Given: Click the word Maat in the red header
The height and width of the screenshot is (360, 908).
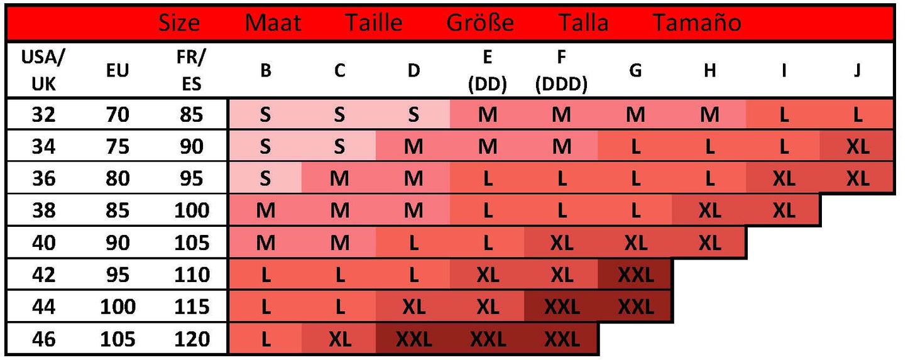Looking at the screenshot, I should pyautogui.click(x=273, y=23).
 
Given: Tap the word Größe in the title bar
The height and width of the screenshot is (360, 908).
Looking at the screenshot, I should pyautogui.click(x=480, y=23).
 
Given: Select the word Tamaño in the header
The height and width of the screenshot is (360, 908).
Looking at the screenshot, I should pyautogui.click(x=697, y=23).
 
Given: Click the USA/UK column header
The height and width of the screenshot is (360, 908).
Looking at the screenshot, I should pyautogui.click(x=43, y=70).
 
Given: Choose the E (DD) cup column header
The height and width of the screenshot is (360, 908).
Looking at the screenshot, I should pyautogui.click(x=487, y=70).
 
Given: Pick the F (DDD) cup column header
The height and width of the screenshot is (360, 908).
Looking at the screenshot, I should pyautogui.click(x=561, y=70).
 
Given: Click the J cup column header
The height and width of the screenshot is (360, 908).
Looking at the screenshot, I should pyautogui.click(x=857, y=70).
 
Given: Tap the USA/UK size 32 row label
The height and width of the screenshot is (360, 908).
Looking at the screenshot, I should pyautogui.click(x=43, y=114).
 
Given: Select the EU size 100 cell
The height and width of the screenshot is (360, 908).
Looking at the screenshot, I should pyautogui.click(x=118, y=307).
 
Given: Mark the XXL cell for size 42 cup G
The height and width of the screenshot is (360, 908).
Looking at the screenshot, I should pyautogui.click(x=635, y=275).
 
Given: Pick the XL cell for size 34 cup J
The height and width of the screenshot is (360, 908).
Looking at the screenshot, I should pyautogui.click(x=857, y=146).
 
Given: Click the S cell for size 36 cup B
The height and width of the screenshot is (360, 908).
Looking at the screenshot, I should pyautogui.click(x=265, y=178).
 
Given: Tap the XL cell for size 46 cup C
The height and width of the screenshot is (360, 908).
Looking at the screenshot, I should pyautogui.click(x=339, y=339).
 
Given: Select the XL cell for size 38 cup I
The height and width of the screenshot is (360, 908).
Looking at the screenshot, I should pyautogui.click(x=783, y=210).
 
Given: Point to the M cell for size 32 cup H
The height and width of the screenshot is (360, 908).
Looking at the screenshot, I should pyautogui.click(x=709, y=114).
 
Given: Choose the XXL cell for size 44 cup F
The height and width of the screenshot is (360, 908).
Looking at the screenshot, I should pyautogui.click(x=561, y=307).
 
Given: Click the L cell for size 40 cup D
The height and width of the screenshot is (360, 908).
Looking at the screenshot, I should pyautogui.click(x=413, y=243).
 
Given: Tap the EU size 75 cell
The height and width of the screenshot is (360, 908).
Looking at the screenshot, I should pyautogui.click(x=118, y=146).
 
